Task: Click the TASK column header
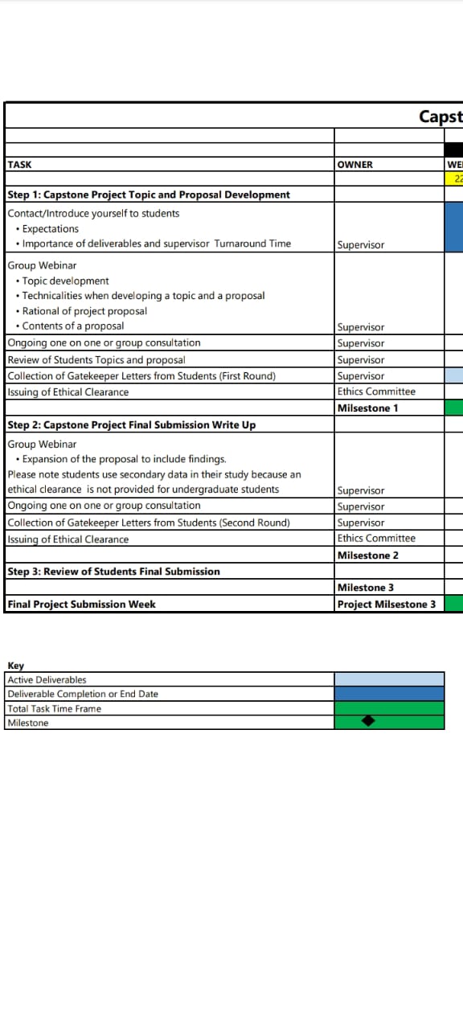(20, 165)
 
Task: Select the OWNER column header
(355, 165)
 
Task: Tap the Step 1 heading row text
(149, 195)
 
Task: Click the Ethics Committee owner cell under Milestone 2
(376, 539)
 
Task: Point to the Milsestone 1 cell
(368, 408)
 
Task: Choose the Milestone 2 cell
(368, 555)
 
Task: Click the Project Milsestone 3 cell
(387, 605)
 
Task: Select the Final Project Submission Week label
(82, 605)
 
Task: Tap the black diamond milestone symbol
(368, 721)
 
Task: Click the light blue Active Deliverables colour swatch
(389, 679)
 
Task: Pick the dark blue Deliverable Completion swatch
(389, 694)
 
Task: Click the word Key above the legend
(16, 666)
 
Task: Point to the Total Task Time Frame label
(55, 709)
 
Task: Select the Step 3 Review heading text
(113, 572)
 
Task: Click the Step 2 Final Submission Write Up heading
(132, 425)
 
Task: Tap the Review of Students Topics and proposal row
(96, 360)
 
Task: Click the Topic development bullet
(65, 281)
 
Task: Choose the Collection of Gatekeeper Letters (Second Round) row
(149, 523)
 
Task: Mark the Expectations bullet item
(50, 229)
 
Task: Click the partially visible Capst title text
(440, 117)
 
